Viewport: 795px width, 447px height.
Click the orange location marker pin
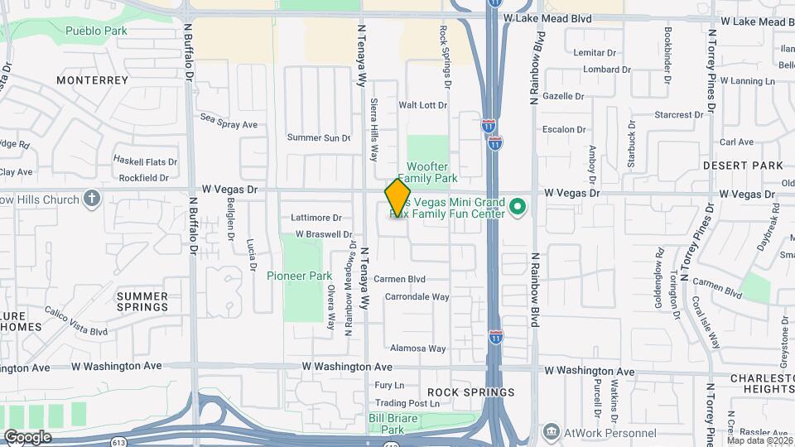[x=397, y=197]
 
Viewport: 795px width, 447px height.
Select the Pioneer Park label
[x=299, y=276]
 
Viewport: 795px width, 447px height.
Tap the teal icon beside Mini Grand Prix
[x=518, y=205]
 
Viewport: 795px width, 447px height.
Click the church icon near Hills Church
[x=92, y=199]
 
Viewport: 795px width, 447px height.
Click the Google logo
[x=27, y=436]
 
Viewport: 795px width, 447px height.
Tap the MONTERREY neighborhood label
[x=93, y=80]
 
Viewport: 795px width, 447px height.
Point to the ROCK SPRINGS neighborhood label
[x=471, y=392]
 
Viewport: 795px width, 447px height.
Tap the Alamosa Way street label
[x=418, y=348]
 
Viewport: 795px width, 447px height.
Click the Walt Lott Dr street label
[x=422, y=105]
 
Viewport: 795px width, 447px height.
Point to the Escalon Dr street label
[x=564, y=129]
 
